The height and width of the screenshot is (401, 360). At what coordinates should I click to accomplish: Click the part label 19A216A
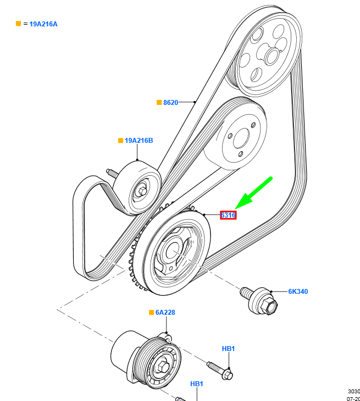(43, 24)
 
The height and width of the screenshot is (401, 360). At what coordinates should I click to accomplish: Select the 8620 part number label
(170, 102)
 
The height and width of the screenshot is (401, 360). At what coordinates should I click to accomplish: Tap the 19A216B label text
(139, 141)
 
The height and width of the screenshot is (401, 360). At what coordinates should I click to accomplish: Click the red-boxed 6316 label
(228, 215)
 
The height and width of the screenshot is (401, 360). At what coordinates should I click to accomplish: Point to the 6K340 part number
(298, 291)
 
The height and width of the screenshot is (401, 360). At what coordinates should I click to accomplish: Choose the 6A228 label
(165, 313)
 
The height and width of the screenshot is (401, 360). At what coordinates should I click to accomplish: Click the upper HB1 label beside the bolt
(228, 349)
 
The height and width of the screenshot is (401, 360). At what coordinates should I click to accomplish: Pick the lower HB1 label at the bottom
(197, 383)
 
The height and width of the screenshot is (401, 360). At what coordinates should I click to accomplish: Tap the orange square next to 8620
(159, 102)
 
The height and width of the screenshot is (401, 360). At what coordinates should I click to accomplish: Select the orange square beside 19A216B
(120, 141)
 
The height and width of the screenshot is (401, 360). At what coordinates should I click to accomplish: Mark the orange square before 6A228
(151, 313)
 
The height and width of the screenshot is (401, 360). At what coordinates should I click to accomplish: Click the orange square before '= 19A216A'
(18, 24)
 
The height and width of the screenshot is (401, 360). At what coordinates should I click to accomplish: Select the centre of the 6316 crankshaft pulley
(173, 252)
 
